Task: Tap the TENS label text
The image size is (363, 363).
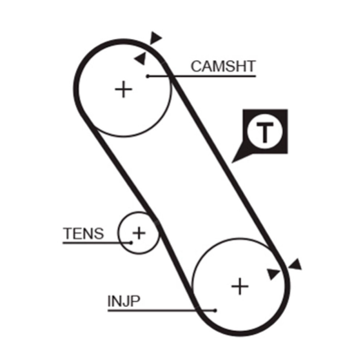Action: pos(83,233)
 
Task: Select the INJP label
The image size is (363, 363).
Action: pos(124,301)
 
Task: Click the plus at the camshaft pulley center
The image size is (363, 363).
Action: pos(123,89)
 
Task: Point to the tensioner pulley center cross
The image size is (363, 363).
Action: pos(139,233)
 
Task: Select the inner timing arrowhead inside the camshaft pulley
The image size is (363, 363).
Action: pos(141,59)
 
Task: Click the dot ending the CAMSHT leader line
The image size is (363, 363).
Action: pos(148,76)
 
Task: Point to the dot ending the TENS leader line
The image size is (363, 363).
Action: pos(131,243)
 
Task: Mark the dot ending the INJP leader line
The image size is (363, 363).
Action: pos(215,311)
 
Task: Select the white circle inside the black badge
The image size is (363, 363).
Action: pos(265,132)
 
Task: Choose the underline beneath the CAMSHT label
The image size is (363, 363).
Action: pos(202,76)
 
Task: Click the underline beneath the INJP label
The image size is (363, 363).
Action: pos(162,311)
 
